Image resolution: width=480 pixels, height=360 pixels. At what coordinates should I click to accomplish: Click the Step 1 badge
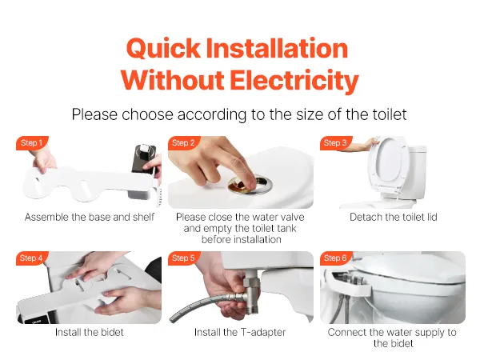click(32, 142)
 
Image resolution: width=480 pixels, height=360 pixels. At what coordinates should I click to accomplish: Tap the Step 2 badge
click(184, 142)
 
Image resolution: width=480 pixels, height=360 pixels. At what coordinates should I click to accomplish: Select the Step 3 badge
click(336, 142)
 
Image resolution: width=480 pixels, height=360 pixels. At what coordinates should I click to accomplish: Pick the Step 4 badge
click(32, 258)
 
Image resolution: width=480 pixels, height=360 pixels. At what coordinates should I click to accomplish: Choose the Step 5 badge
click(184, 258)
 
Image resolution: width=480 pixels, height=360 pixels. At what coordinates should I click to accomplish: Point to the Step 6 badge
click(336, 258)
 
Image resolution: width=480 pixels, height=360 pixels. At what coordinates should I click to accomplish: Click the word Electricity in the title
click(294, 80)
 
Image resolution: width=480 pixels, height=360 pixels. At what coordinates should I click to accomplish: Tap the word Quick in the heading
click(163, 48)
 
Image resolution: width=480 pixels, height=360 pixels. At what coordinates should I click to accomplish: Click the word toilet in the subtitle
click(390, 114)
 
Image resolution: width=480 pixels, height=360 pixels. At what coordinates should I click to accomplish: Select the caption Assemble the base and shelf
click(90, 217)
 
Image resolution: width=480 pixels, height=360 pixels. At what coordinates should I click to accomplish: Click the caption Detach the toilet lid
click(394, 217)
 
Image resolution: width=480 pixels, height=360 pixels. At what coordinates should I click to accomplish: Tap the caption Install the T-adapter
click(240, 332)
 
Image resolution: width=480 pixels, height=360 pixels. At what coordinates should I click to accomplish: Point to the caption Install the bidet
click(90, 332)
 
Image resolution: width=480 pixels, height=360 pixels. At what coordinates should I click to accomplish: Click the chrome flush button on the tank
click(250, 184)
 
